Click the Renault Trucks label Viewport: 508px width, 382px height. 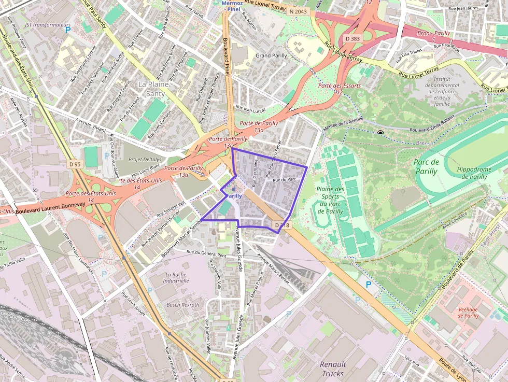tap(332, 369)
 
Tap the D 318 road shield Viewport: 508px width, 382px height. tap(282, 225)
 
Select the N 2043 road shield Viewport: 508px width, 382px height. tap(298, 11)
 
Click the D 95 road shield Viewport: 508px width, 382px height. tap(75, 164)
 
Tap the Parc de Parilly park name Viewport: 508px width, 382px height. tap(427, 166)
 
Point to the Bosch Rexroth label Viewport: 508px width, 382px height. tap(182, 305)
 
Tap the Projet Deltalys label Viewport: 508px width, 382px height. tap(145, 160)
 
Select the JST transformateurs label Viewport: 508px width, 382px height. tap(48, 25)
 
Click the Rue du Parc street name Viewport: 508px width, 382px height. tap(285, 180)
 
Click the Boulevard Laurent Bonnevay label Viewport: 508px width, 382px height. tap(50, 208)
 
